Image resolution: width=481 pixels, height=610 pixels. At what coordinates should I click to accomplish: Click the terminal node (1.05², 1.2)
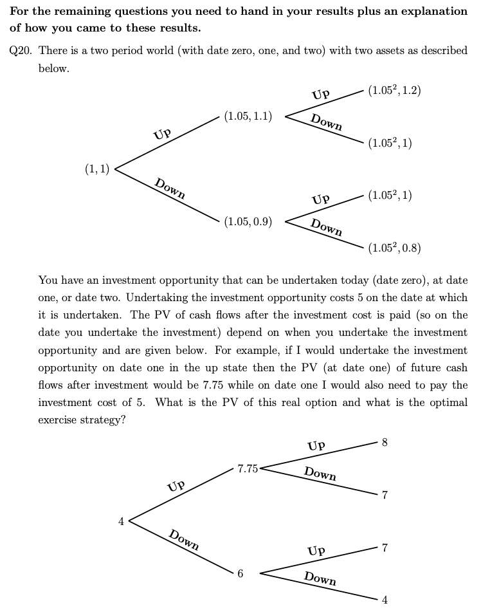click(395, 90)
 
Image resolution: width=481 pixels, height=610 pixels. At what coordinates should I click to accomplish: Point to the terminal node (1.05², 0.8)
click(395, 248)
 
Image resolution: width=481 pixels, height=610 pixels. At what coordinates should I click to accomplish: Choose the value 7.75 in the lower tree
click(248, 468)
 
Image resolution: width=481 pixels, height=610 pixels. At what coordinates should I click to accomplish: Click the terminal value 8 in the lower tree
click(385, 443)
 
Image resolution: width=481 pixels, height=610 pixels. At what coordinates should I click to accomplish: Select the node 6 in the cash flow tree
click(240, 573)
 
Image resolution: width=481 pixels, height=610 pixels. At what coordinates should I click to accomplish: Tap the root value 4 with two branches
click(120, 521)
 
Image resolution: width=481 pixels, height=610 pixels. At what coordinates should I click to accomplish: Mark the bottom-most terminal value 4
click(385, 600)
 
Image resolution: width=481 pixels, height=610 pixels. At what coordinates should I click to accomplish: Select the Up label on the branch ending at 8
click(316, 446)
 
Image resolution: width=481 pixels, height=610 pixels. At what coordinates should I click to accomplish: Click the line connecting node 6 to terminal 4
click(318, 586)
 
